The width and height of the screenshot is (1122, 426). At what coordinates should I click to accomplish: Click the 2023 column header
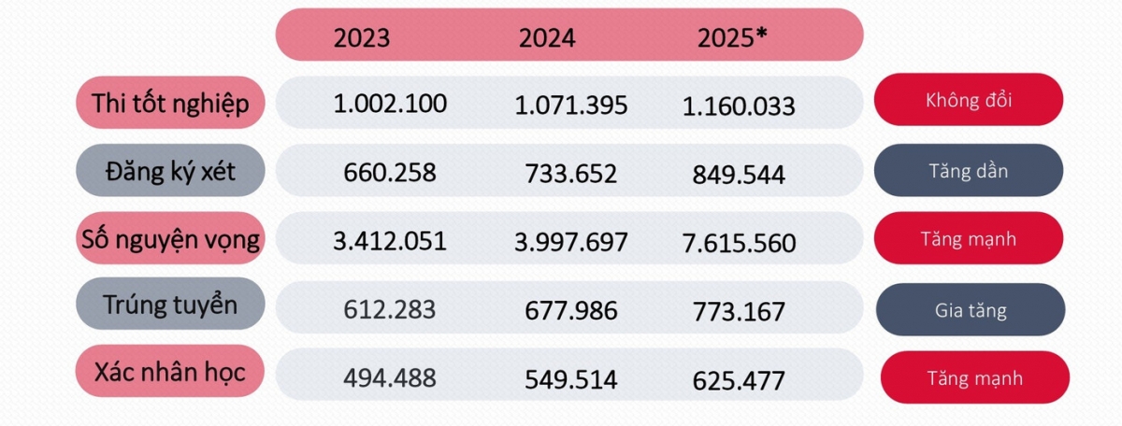point(362,38)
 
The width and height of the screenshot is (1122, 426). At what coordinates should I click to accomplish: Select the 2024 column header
point(547,38)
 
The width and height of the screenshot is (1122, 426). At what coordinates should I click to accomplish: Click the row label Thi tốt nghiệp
point(171,103)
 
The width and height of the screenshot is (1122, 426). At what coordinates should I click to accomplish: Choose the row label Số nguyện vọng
point(171,239)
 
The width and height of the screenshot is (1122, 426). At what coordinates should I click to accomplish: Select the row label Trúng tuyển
point(171,305)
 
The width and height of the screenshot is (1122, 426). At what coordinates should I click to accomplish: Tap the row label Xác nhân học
point(171,373)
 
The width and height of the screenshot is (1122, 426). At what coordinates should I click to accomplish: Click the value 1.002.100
point(390,103)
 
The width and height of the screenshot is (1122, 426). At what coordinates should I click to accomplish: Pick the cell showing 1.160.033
point(739,106)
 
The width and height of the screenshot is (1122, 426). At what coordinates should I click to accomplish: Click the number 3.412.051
point(390,241)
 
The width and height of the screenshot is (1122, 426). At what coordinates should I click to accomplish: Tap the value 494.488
point(390,377)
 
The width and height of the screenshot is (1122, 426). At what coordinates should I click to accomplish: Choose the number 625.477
point(739,380)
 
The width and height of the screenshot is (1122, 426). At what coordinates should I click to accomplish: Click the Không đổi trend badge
point(968,99)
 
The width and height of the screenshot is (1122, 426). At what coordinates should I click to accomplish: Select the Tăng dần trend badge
point(968,172)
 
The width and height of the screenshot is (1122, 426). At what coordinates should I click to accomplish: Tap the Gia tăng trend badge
point(971,309)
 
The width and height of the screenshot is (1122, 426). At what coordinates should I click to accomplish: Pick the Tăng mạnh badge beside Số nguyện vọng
point(971,239)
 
